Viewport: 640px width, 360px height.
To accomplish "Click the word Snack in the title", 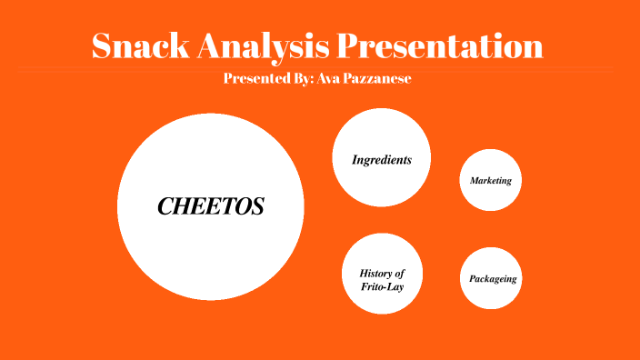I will click(x=147, y=46).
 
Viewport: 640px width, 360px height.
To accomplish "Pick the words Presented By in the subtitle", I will click(x=265, y=79).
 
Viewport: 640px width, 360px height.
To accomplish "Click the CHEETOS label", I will click(x=211, y=206).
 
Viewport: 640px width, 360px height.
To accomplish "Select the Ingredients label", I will click(x=382, y=160).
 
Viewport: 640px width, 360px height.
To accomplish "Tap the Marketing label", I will click(x=490, y=181).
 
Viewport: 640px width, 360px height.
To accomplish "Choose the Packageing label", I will click(x=493, y=278).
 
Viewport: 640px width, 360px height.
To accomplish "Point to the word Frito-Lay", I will click(x=382, y=287).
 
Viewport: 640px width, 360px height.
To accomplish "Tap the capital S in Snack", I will click(x=104, y=46).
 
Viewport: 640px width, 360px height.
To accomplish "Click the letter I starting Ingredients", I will click(x=355, y=160).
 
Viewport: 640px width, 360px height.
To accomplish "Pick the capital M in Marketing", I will click(x=474, y=181).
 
